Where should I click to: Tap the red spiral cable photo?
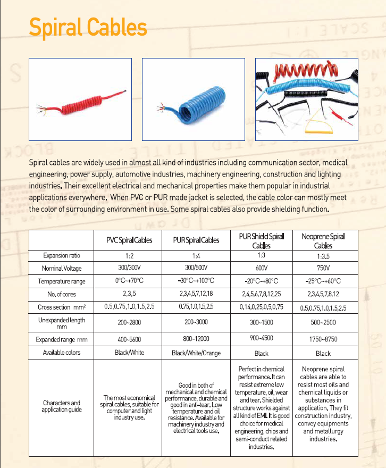click(80, 99)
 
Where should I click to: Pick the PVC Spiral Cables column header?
click(129, 240)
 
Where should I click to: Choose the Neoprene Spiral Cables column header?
click(323, 240)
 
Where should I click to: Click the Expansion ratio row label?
click(61, 256)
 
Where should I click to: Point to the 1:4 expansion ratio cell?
click(196, 256)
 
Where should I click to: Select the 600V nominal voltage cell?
click(261, 268)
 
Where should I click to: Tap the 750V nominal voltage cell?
click(323, 268)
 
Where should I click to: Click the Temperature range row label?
click(61, 281)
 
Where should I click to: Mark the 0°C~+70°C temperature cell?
click(129, 281)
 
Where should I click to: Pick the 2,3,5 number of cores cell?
click(129, 294)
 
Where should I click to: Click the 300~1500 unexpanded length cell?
click(261, 322)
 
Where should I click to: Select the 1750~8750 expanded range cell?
click(323, 339)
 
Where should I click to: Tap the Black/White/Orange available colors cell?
click(196, 353)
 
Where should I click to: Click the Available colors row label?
click(61, 353)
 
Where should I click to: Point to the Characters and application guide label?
click(61, 406)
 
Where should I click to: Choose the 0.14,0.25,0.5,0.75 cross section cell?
click(261, 307)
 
